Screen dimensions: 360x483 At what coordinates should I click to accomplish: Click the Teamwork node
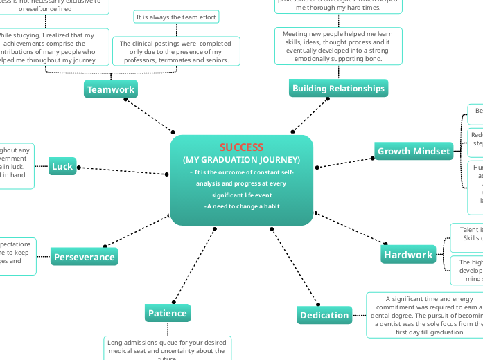click(111, 89)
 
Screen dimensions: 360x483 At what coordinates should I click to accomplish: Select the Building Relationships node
click(338, 89)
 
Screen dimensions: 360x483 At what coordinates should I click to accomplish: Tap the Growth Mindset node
click(414, 151)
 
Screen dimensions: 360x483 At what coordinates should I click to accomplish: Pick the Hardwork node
click(408, 255)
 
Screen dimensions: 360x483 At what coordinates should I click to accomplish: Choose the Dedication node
click(324, 315)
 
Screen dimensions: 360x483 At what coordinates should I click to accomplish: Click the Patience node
click(167, 313)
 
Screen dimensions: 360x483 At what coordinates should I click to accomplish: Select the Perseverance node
click(84, 257)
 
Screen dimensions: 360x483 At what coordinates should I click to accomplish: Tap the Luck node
click(62, 166)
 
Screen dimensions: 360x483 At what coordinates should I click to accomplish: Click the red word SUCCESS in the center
click(241, 147)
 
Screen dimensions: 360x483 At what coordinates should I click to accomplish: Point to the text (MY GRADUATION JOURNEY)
click(241, 159)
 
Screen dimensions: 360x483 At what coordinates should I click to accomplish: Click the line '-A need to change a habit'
click(241, 207)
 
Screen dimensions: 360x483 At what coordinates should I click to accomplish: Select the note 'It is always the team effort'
click(175, 17)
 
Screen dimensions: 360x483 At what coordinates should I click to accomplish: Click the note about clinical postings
click(175, 52)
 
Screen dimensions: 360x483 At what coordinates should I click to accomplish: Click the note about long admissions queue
click(167, 348)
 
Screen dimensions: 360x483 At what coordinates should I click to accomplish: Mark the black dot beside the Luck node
click(79, 168)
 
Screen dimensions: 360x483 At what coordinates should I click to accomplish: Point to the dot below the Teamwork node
click(125, 100)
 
